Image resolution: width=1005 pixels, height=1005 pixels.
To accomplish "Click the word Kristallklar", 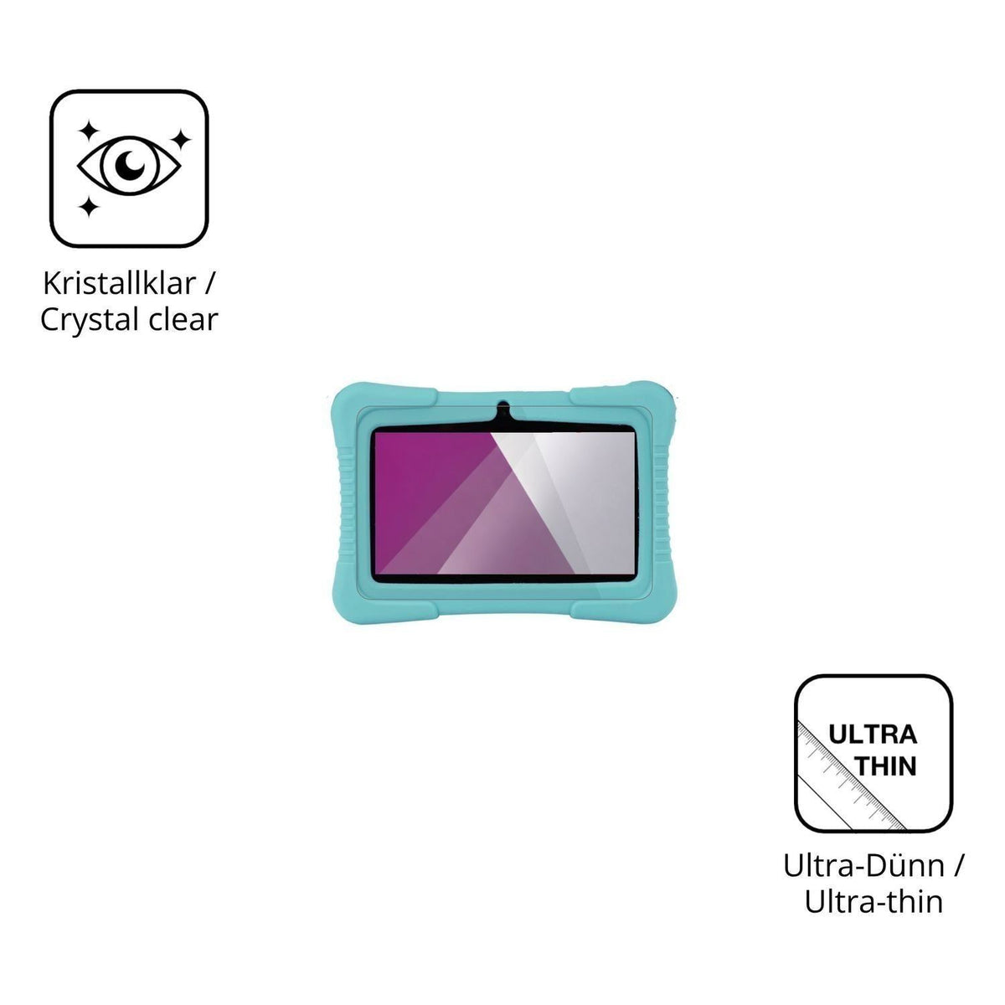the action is click(120, 284).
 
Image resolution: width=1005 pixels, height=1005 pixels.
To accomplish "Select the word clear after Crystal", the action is click(183, 320).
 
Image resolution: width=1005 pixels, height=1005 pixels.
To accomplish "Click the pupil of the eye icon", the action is click(129, 165).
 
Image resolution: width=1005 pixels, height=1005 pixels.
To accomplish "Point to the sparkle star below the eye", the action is click(89, 206).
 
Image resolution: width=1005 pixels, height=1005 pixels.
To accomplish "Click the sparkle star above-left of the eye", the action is click(89, 131).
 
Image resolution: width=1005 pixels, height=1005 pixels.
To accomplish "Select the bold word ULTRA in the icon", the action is click(872, 734).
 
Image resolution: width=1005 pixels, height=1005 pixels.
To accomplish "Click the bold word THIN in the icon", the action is click(886, 766).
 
